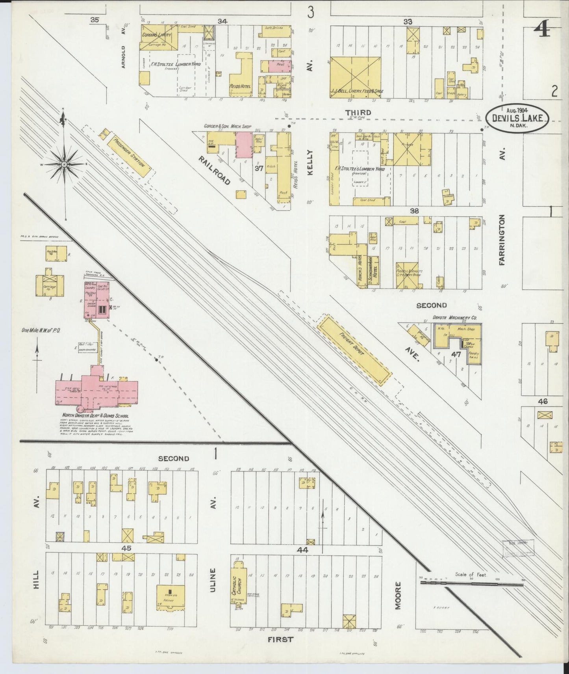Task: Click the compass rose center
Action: (63, 164)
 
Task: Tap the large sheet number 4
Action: (543, 30)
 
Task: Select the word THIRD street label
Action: (358, 113)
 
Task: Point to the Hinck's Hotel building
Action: (361, 270)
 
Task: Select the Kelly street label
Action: (310, 162)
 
